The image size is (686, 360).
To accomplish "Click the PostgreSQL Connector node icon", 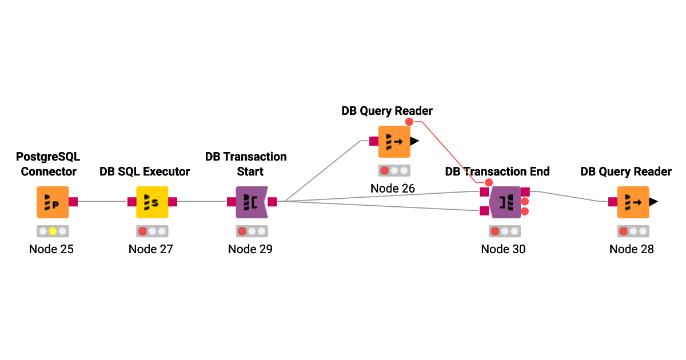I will (x=53, y=202).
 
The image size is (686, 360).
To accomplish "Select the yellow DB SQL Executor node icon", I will (x=152, y=202).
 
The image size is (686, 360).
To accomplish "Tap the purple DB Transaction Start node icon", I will (x=252, y=202).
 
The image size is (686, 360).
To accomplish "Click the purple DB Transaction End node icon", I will (x=505, y=202).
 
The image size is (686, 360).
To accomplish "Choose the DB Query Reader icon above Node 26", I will (x=394, y=141).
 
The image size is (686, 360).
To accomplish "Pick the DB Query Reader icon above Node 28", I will (x=633, y=202).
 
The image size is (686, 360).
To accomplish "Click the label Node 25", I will (x=51, y=249).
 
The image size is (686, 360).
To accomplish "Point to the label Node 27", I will (x=150, y=249).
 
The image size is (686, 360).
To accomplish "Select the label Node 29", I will (x=250, y=249).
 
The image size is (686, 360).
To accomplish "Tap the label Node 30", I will (x=503, y=249).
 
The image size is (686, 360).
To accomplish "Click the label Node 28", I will (x=631, y=249).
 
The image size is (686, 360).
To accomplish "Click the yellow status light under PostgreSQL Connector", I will (x=53, y=231).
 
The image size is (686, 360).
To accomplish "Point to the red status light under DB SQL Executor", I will (x=142, y=231).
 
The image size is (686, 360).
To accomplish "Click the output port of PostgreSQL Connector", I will (x=73, y=202).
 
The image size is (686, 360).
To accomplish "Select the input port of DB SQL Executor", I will (x=131, y=202).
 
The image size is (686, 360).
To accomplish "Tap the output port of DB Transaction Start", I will (x=272, y=202).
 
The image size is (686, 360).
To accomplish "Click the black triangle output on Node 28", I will (x=653, y=202).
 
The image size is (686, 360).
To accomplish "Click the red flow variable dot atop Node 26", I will (x=409, y=122).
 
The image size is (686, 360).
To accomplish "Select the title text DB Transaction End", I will (x=497, y=171).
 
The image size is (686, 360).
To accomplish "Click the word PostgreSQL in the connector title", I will (x=48, y=157).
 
